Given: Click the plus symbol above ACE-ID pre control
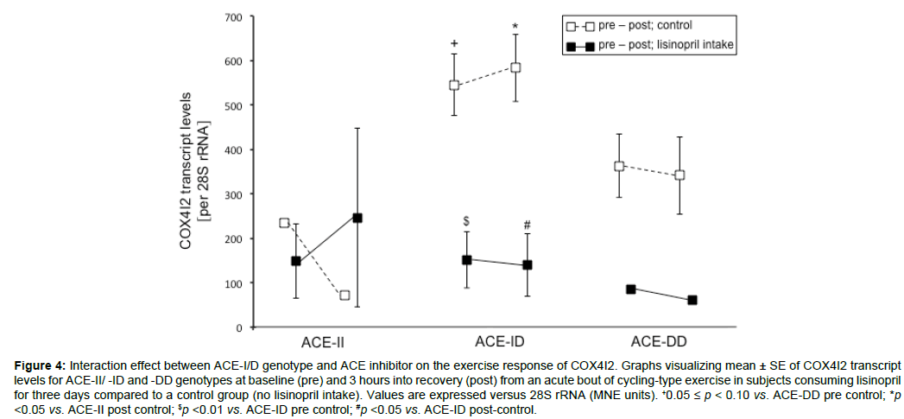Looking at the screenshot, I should pyautogui.click(x=454, y=42).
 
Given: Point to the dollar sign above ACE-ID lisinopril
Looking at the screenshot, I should pyautogui.click(x=466, y=220).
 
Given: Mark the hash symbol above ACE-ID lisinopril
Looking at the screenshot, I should pyautogui.click(x=527, y=226).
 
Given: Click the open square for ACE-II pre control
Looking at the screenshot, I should pyautogui.click(x=284, y=223).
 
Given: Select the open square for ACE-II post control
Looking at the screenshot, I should pyautogui.click(x=345, y=295).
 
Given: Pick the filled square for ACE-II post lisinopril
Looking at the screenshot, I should pyautogui.click(x=357, y=218).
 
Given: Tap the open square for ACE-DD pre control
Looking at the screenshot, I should pyautogui.click(x=619, y=166).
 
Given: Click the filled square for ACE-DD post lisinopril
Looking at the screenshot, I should pyautogui.click(x=692, y=301).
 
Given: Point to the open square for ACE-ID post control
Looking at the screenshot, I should pyautogui.click(x=515, y=67).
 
